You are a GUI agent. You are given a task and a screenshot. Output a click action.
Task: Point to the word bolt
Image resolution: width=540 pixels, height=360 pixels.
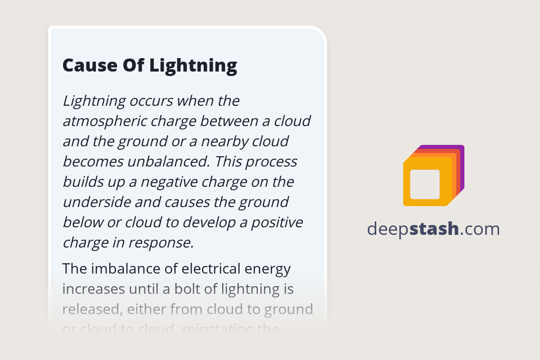(x=183, y=289)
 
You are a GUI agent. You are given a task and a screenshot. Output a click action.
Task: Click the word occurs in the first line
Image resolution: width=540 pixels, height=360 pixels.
(x=150, y=101)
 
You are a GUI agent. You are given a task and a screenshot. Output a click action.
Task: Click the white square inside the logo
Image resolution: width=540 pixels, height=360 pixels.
(x=425, y=184)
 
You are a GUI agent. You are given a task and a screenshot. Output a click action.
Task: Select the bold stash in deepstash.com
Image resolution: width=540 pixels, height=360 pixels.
(x=434, y=229)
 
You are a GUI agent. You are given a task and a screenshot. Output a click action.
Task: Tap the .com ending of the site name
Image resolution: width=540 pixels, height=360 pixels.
(x=480, y=229)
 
